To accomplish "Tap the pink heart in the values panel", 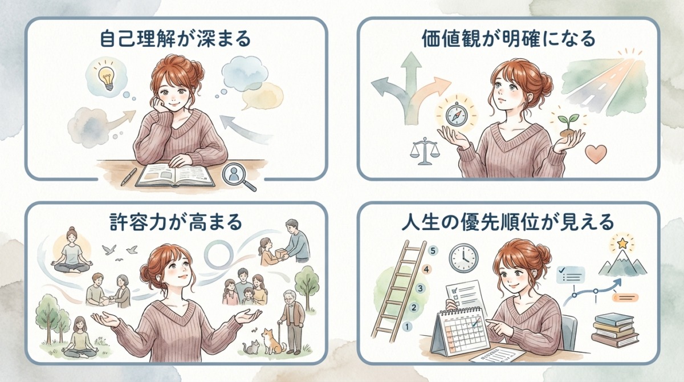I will tap(596, 153).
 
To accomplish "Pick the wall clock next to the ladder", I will tap(463, 258).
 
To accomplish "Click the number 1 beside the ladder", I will tap(406, 327).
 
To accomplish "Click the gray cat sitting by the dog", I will tap(252, 346).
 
